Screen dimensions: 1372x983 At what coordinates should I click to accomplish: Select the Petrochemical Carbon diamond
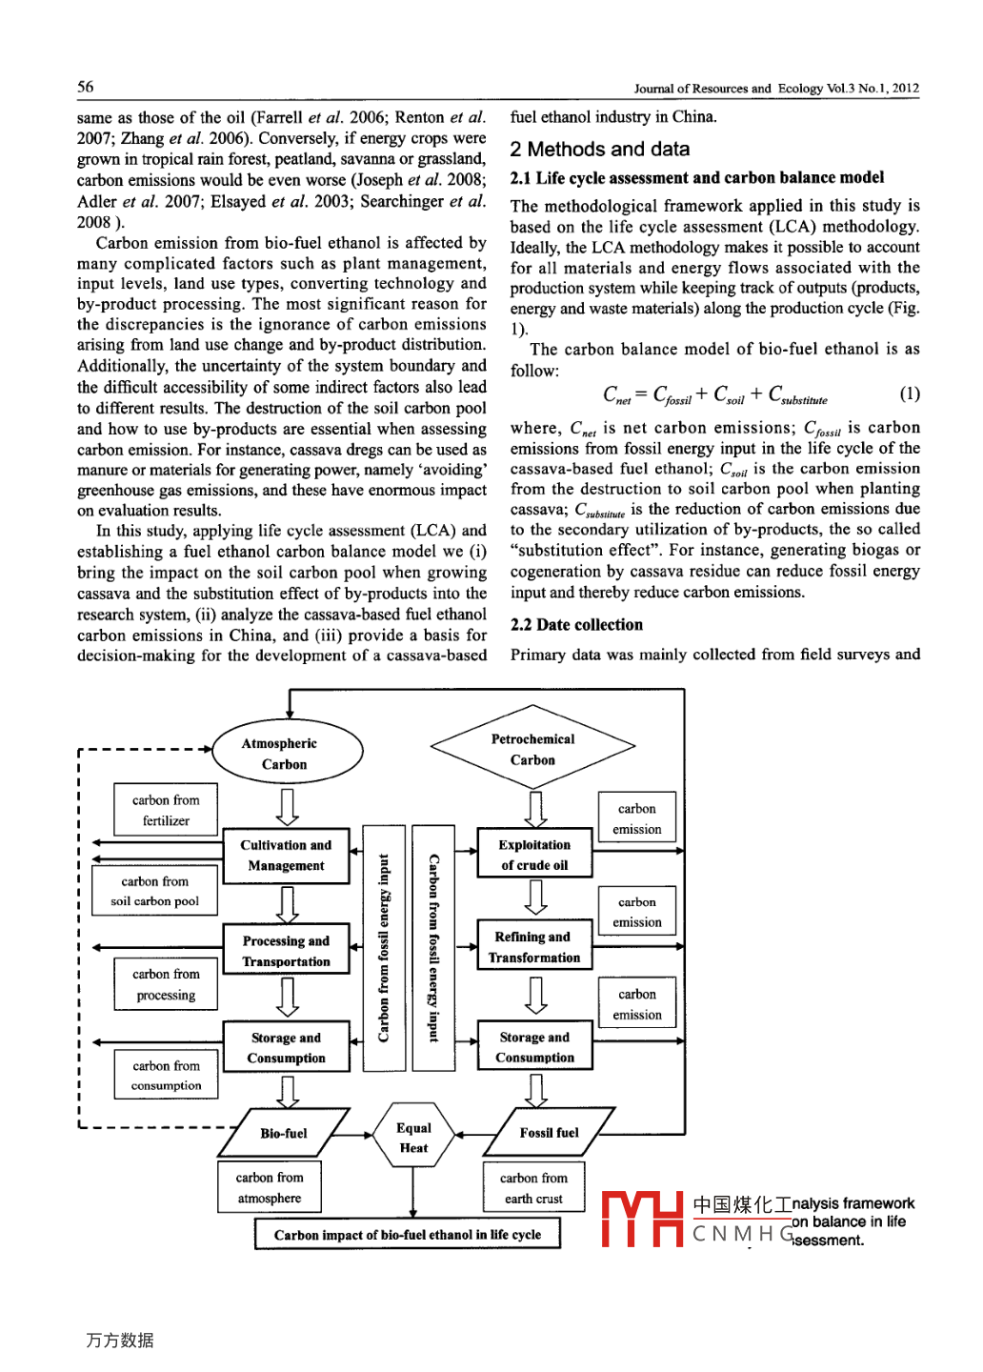click(x=532, y=749)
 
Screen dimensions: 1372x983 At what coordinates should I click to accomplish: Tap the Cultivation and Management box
click(x=286, y=856)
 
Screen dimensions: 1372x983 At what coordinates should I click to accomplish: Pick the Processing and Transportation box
click(x=286, y=951)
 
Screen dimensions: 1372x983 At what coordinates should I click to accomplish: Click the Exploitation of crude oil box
click(x=534, y=855)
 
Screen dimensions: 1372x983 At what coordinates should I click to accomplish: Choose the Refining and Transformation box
click(x=534, y=947)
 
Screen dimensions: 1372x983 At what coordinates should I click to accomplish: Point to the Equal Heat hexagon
click(x=413, y=1138)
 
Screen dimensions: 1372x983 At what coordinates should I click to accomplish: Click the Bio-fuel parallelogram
click(x=284, y=1133)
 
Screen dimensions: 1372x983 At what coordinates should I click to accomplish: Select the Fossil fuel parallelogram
click(x=549, y=1132)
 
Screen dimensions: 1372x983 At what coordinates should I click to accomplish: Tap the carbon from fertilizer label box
click(x=166, y=810)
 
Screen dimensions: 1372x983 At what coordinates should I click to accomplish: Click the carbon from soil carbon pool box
click(x=154, y=891)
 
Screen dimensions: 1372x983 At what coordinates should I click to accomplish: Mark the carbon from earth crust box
click(x=533, y=1188)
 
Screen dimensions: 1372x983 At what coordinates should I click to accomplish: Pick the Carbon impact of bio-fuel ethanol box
click(x=407, y=1234)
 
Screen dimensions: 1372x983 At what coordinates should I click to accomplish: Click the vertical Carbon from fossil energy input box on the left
click(x=384, y=948)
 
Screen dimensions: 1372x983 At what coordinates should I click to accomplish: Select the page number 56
click(x=86, y=87)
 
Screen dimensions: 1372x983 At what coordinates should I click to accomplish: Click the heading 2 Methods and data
click(x=600, y=150)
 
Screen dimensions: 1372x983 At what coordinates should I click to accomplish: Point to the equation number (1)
click(x=910, y=393)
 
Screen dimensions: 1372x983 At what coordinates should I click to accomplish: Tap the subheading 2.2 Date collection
click(x=576, y=625)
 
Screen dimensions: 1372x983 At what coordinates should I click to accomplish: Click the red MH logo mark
click(x=642, y=1219)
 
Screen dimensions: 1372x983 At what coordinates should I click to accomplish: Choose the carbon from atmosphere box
click(x=270, y=1187)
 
